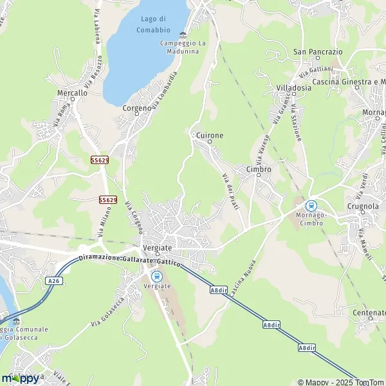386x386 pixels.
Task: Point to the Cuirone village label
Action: point(210,136)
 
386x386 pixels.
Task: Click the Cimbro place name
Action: point(258,169)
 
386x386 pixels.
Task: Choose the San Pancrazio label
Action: point(317,51)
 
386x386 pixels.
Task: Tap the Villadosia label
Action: point(293,88)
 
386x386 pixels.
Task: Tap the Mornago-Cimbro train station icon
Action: point(311,206)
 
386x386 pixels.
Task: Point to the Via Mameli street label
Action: point(365,243)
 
